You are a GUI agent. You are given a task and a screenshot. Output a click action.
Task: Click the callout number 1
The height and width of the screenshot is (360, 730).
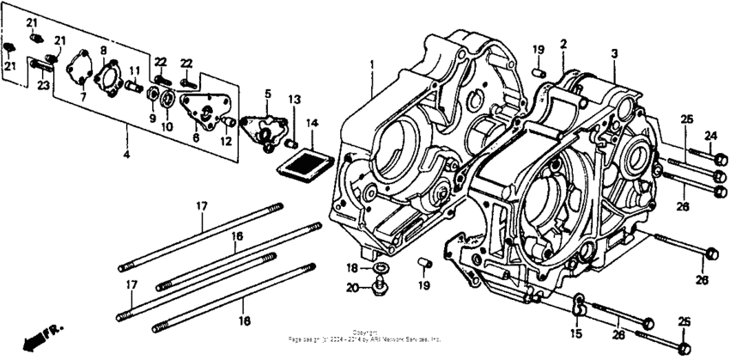373,64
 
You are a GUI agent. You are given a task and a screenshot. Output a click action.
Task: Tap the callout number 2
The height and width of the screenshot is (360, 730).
563,43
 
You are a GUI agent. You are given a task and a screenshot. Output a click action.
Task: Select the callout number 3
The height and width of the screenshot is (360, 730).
614,53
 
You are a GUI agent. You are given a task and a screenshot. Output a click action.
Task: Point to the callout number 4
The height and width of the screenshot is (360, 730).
126,156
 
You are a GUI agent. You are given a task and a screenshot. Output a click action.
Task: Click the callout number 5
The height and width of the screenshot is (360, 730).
267,93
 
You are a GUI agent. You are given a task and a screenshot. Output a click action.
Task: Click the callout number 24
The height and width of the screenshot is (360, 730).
710,135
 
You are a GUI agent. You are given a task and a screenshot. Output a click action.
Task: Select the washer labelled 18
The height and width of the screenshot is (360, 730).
380,270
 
